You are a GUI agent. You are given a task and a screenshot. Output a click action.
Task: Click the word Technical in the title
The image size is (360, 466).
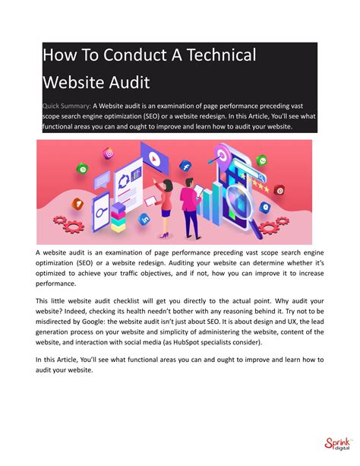[216, 55]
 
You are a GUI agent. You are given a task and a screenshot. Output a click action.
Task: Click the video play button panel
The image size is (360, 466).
[155, 159]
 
